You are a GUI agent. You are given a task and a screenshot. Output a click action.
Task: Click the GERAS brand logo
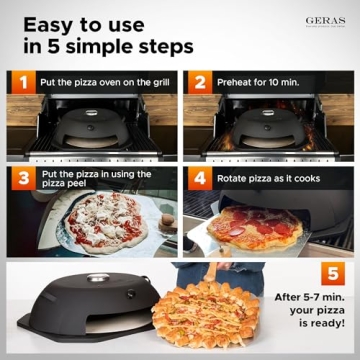(325, 21)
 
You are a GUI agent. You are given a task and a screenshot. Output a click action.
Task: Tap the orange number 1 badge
(17, 82)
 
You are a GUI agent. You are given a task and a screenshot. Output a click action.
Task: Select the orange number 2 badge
(198, 82)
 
